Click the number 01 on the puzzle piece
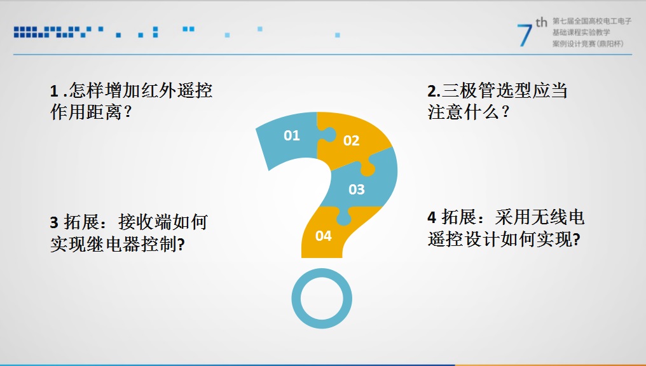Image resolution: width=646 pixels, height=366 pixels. (x=291, y=135)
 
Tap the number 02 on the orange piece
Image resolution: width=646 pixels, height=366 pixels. (x=352, y=141)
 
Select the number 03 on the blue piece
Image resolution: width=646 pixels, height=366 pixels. (x=357, y=189)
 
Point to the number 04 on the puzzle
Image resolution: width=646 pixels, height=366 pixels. (x=324, y=236)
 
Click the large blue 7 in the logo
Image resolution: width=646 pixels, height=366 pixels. (x=525, y=35)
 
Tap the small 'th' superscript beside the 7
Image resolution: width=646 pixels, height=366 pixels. (x=541, y=22)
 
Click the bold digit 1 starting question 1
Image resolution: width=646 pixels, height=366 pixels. (x=53, y=91)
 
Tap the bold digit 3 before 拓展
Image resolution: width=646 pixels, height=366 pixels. (x=54, y=222)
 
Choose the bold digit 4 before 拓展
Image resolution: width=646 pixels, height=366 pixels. (x=432, y=217)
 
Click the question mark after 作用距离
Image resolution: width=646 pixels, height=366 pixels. (x=128, y=112)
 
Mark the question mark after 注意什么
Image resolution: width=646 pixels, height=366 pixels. (x=505, y=112)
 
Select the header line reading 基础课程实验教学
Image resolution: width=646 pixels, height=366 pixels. (x=581, y=32)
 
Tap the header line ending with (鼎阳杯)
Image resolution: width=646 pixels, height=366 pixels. (x=588, y=44)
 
